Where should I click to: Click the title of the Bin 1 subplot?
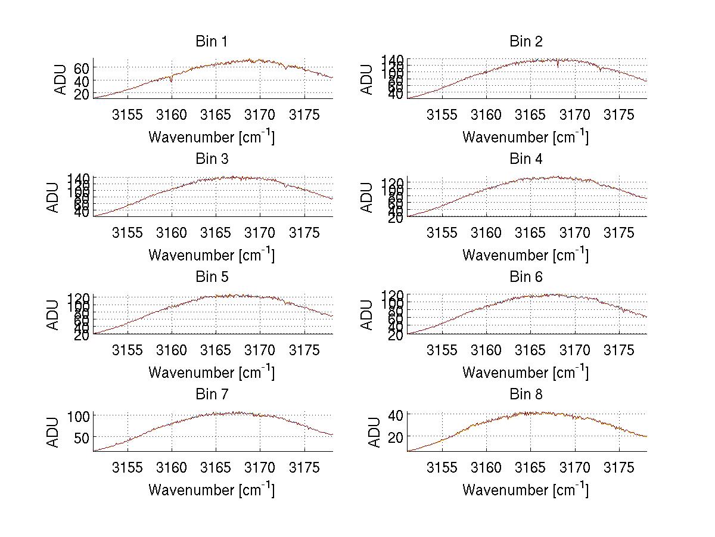click(212, 42)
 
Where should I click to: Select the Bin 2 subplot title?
click(526, 42)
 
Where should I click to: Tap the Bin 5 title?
click(212, 277)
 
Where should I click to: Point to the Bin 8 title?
click(526, 395)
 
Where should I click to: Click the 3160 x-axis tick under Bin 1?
click(172, 115)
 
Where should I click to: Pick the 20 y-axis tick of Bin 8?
click(396, 436)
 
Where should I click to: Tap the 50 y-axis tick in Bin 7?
click(82, 436)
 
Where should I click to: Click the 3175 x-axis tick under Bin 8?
click(619, 468)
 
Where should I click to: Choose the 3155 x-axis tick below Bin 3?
click(128, 232)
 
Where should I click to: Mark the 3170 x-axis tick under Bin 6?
click(574, 350)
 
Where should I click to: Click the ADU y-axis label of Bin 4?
click(368, 197)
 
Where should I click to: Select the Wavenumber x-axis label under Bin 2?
click(526, 137)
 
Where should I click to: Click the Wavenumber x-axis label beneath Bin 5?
click(212, 373)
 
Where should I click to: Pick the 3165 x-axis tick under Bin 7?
click(216, 468)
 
